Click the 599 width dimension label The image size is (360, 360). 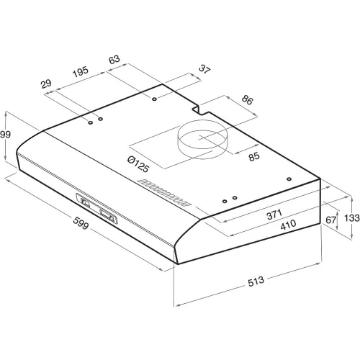(81, 223)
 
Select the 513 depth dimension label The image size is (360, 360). (256, 282)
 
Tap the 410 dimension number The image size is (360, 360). (288, 225)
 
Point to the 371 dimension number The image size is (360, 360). (274, 215)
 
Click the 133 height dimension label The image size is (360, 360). (352, 218)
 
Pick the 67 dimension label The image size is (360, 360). (330, 220)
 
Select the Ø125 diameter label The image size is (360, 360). (138, 163)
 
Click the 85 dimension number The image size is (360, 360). (254, 156)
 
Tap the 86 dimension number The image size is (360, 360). (247, 100)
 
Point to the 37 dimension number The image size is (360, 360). (204, 69)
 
